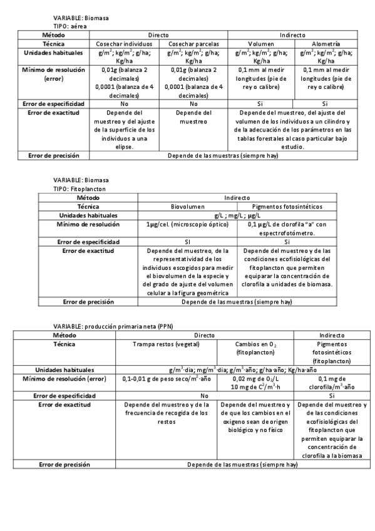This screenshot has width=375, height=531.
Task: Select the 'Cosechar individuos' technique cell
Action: (x=124, y=44)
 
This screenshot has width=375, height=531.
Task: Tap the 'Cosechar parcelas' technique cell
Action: (x=193, y=44)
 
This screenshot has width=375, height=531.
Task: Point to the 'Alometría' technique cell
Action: (x=326, y=44)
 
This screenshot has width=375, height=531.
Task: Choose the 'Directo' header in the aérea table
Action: (x=158, y=36)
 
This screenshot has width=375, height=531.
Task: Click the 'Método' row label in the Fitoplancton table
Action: (x=88, y=197)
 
